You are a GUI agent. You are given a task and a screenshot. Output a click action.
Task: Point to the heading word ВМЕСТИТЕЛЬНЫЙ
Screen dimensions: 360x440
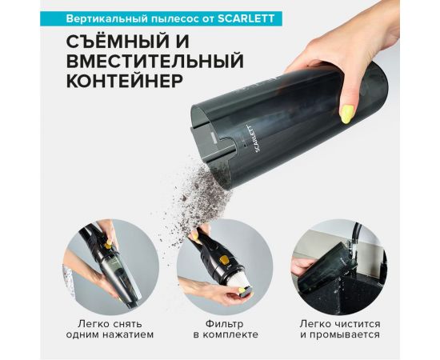145,62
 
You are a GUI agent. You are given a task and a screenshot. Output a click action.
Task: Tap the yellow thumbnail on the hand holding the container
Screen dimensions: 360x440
348,113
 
